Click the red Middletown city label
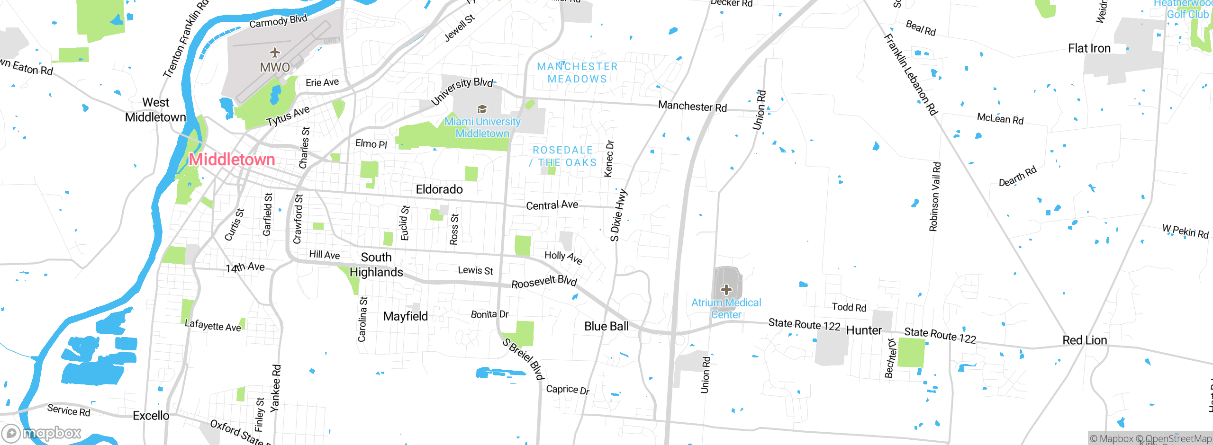tap(232, 160)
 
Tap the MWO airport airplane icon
tap(274, 53)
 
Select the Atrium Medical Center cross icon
tap(726, 289)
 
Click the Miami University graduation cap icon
tap(482, 109)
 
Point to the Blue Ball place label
tap(606, 326)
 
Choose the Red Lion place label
tap(1085, 340)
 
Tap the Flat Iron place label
tap(1089, 48)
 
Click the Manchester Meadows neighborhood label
tap(577, 73)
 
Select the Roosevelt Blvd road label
tap(544, 282)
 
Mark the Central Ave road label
tap(552, 205)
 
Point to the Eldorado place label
tap(439, 189)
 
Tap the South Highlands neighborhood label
tap(376, 265)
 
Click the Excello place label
tap(151, 416)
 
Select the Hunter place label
tap(864, 330)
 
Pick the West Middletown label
tap(155, 110)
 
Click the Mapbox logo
tap(42, 433)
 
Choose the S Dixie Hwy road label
tap(618, 215)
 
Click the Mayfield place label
tap(405, 316)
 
